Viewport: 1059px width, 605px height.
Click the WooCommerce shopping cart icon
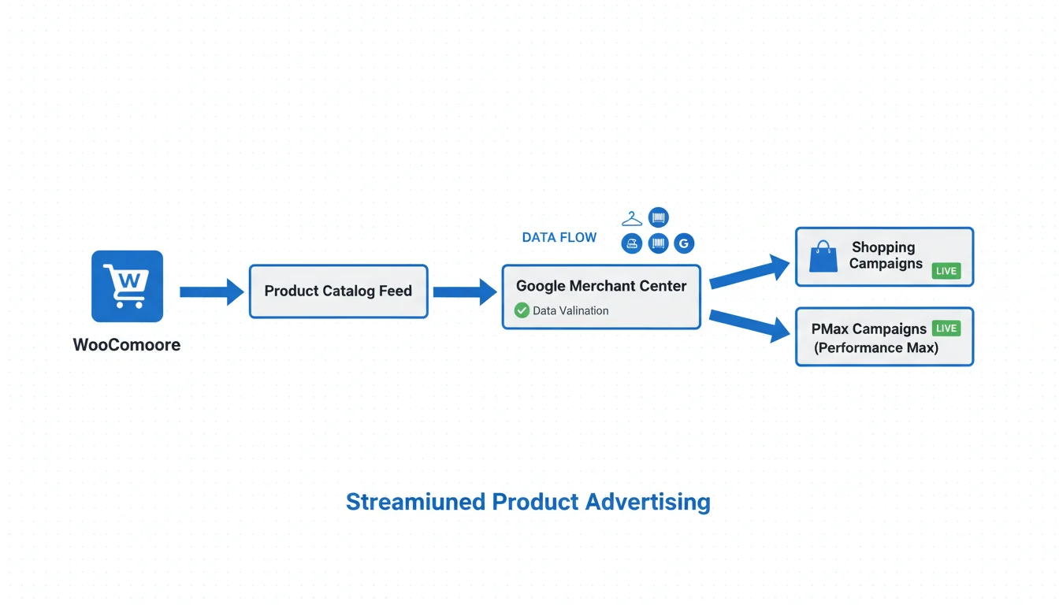(x=127, y=286)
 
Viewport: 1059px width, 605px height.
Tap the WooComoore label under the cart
(x=127, y=345)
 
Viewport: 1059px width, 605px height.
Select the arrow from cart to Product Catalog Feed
(x=211, y=291)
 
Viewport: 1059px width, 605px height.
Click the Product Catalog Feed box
(x=338, y=291)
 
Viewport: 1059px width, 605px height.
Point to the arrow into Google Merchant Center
(x=465, y=291)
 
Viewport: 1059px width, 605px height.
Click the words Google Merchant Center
(x=601, y=286)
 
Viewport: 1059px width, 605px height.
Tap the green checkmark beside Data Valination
(x=522, y=310)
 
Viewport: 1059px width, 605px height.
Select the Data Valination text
(x=570, y=311)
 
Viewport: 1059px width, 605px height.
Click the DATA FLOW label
(x=559, y=237)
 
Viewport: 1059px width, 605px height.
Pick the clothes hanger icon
(x=632, y=219)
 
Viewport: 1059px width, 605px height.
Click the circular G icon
(x=684, y=243)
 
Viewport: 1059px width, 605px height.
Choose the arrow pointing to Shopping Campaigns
(x=749, y=271)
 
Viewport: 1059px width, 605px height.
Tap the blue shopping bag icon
(x=823, y=257)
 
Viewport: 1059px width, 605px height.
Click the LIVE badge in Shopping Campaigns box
(x=946, y=271)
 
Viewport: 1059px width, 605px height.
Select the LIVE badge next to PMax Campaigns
(x=946, y=328)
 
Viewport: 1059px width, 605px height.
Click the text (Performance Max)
(x=876, y=348)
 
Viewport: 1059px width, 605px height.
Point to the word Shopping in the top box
(x=883, y=247)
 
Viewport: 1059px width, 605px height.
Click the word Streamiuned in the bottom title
(x=415, y=502)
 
